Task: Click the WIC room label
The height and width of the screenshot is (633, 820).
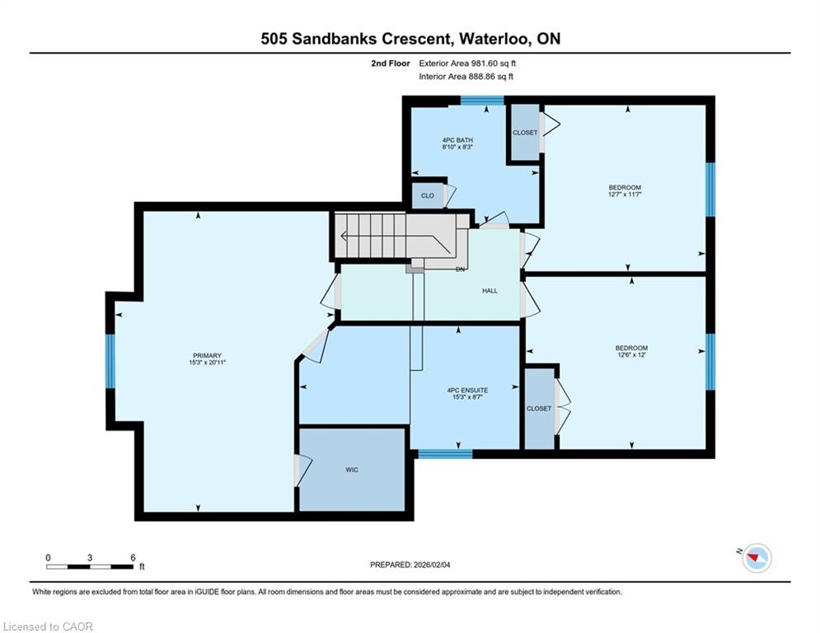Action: click(x=352, y=470)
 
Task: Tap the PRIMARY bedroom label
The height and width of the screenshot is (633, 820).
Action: click(x=207, y=356)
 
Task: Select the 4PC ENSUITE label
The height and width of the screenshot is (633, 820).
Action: click(x=467, y=390)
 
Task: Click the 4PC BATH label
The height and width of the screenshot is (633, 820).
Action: click(x=457, y=140)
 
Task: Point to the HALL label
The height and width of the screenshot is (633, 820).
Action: click(x=490, y=291)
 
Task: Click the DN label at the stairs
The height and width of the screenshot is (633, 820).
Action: click(x=460, y=270)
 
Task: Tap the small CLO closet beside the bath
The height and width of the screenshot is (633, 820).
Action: click(x=427, y=195)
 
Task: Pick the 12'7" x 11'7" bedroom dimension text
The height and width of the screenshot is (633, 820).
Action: click(x=625, y=194)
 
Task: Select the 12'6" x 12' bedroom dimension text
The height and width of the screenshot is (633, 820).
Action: click(x=632, y=354)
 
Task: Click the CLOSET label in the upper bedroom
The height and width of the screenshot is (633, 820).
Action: click(x=525, y=133)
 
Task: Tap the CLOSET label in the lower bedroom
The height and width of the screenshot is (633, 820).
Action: click(x=539, y=409)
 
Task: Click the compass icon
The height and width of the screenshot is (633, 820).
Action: click(x=757, y=558)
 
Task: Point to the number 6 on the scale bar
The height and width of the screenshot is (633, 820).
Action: click(x=134, y=558)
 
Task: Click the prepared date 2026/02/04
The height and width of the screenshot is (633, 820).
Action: click(x=432, y=565)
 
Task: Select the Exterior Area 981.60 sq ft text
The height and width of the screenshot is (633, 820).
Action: click(x=467, y=63)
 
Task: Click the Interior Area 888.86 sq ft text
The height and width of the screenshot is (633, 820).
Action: click(x=466, y=77)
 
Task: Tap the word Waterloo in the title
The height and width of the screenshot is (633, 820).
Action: click(x=496, y=39)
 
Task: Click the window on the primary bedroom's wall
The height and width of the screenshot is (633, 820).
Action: click(x=110, y=361)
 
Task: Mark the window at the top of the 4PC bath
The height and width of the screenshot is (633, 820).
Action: click(x=482, y=101)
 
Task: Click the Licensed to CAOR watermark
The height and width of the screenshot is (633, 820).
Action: click(x=48, y=626)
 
